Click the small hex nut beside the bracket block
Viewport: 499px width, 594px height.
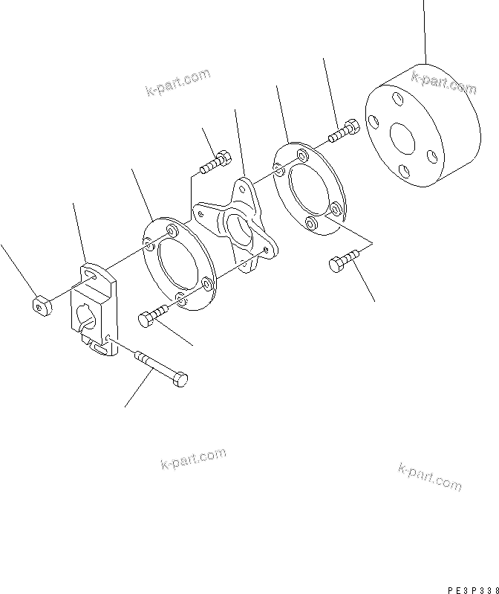pyautogui.click(x=42, y=304)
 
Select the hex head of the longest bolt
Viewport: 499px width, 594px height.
pyautogui.click(x=179, y=378)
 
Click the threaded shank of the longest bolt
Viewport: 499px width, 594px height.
pyautogui.click(x=152, y=365)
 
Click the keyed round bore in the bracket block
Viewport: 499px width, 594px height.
pyautogui.click(x=85, y=324)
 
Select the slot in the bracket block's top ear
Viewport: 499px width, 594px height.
pyautogui.click(x=93, y=277)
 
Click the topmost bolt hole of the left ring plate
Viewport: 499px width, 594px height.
pyautogui.click(x=173, y=232)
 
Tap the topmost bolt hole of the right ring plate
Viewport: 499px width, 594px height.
pyautogui.click(x=301, y=155)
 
